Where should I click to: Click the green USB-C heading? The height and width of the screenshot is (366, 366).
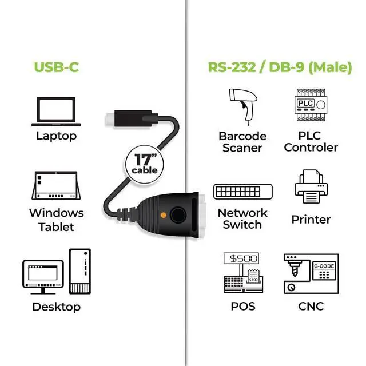click(x=56, y=67)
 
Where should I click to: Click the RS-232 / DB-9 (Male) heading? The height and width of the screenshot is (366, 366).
click(x=280, y=67)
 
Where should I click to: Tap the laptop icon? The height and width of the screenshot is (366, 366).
click(x=56, y=111)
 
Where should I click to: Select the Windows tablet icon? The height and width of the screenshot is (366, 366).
click(x=56, y=186)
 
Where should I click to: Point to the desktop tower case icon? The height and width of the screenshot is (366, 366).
click(x=79, y=269)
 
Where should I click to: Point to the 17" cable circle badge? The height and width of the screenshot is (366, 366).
click(x=144, y=163)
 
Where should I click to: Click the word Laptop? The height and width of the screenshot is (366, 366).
click(x=56, y=136)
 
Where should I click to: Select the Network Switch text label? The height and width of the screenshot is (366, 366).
click(x=242, y=218)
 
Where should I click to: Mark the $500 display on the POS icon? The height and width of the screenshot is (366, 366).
click(x=242, y=258)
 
